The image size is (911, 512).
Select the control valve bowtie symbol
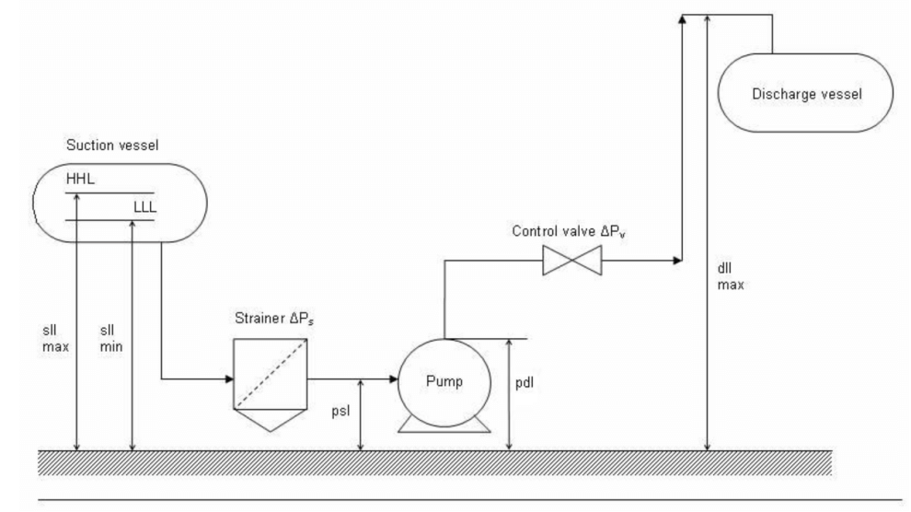(x=572, y=261)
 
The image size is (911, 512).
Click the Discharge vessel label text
(x=807, y=94)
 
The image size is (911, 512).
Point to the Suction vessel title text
(x=112, y=145)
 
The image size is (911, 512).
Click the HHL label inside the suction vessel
(x=80, y=179)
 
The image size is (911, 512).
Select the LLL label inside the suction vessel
(x=144, y=207)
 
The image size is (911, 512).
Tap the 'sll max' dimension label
(x=55, y=339)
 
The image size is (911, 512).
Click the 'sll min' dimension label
(x=111, y=339)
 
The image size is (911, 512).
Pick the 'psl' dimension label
(x=341, y=411)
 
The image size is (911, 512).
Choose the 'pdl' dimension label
(x=525, y=383)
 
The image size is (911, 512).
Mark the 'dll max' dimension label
(x=731, y=276)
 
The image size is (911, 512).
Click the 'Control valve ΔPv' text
(x=569, y=231)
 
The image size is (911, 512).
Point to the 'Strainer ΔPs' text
(x=274, y=319)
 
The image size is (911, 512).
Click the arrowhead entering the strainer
(x=229, y=379)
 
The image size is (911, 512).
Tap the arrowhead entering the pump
(x=393, y=379)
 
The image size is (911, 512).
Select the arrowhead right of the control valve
(x=677, y=261)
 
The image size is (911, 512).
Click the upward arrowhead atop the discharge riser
(x=682, y=19)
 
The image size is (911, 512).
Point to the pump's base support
(x=444, y=425)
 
